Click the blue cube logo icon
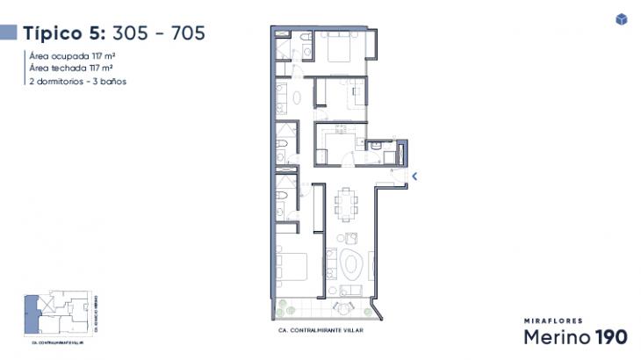(622, 19)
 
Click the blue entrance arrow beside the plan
(414, 176)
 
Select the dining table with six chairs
(347, 205)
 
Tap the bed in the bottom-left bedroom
(292, 269)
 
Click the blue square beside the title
(9, 33)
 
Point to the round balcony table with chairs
(341, 306)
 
